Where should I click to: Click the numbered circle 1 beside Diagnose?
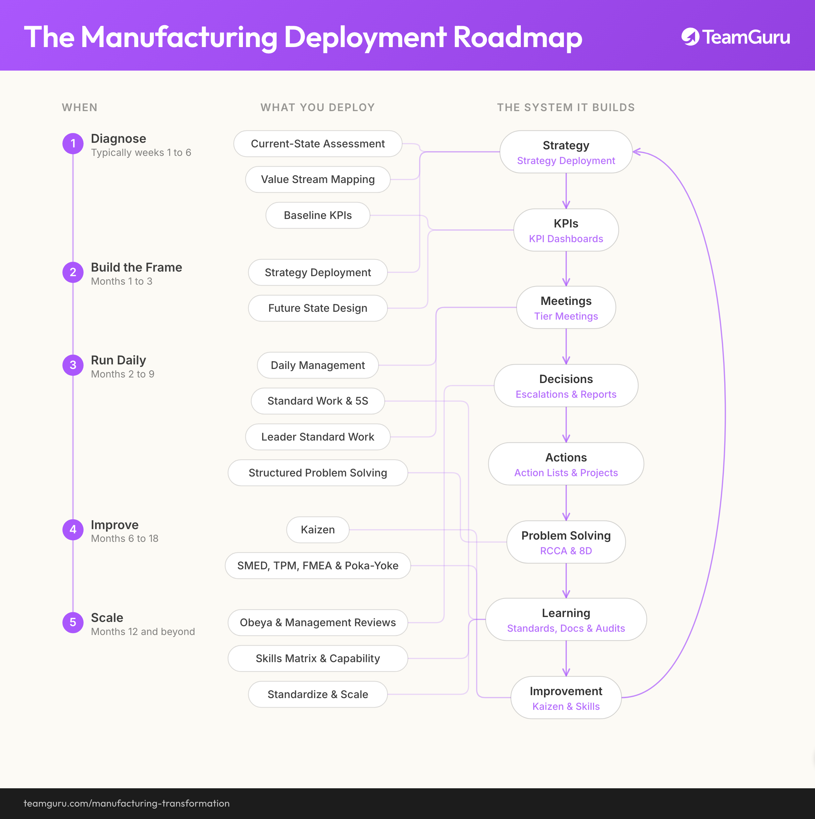pyautogui.click(x=73, y=143)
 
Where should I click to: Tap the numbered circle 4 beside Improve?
pyautogui.click(x=73, y=529)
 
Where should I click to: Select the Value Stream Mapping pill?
pyautogui.click(x=318, y=179)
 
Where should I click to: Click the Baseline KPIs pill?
pyautogui.click(x=318, y=215)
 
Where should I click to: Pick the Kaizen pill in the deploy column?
pyautogui.click(x=318, y=529)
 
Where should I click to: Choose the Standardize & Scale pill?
pyautogui.click(x=318, y=694)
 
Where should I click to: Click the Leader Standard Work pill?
pyautogui.click(x=318, y=437)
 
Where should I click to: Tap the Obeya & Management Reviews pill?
pyautogui.click(x=318, y=622)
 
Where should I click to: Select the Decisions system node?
pyautogui.click(x=566, y=386)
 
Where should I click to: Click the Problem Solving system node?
pyautogui.click(x=566, y=542)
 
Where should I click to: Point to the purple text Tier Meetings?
pyautogui.click(x=566, y=316)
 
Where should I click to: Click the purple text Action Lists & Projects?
pyautogui.click(x=566, y=473)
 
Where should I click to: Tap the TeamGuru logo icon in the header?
pyautogui.click(x=691, y=37)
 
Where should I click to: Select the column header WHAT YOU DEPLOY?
pyautogui.click(x=318, y=108)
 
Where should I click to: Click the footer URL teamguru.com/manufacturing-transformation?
pyautogui.click(x=127, y=803)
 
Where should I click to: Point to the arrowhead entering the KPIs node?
pyautogui.click(x=566, y=205)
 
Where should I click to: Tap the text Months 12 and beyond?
pyautogui.click(x=143, y=632)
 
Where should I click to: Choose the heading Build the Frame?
pyautogui.click(x=136, y=267)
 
